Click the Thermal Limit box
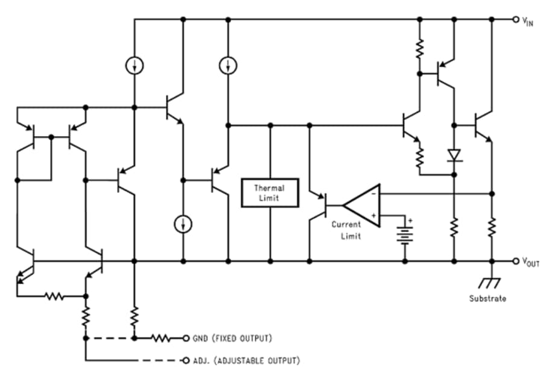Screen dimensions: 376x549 click(270, 193)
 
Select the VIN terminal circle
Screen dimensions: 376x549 click(516, 19)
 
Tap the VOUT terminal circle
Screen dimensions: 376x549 click(516, 262)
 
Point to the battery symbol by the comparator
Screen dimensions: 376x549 click(404, 231)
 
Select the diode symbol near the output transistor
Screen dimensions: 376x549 click(454, 155)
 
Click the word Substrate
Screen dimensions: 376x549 click(487, 298)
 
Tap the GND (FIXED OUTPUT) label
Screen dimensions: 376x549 click(232, 338)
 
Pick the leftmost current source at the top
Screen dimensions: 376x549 click(134, 64)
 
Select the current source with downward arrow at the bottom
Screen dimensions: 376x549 click(182, 225)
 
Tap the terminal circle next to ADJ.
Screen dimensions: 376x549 click(186, 361)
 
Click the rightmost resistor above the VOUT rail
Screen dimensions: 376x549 click(492, 228)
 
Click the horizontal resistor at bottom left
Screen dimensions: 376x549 click(55, 296)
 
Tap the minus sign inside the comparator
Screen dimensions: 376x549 click(374, 193)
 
